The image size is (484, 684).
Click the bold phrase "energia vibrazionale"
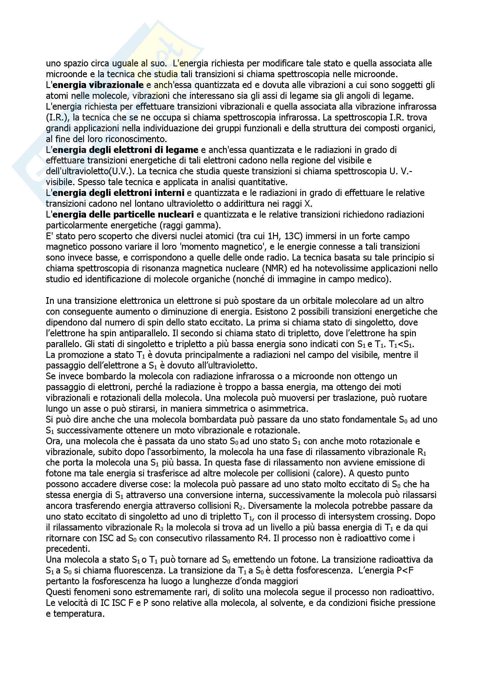point(98,85)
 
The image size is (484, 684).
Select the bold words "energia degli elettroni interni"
point(118,193)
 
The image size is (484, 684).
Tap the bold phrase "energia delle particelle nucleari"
point(123,214)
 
